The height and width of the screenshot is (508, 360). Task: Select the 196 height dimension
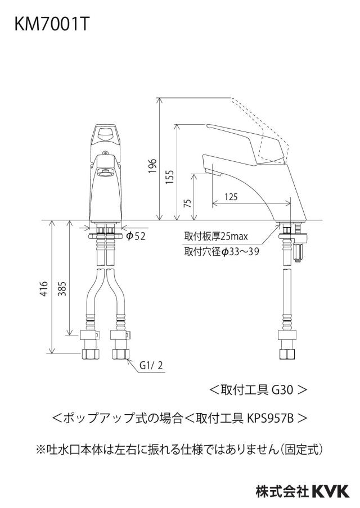[152, 166]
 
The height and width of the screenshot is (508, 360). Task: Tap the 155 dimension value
[170, 177]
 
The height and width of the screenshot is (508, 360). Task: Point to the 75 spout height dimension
[187, 203]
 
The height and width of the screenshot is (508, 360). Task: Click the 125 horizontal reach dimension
[231, 196]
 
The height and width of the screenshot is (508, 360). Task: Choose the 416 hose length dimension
[44, 288]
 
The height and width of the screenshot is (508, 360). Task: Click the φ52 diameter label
[136, 236]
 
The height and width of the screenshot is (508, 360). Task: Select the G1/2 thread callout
[151, 366]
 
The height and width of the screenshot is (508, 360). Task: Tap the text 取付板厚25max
[216, 236]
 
